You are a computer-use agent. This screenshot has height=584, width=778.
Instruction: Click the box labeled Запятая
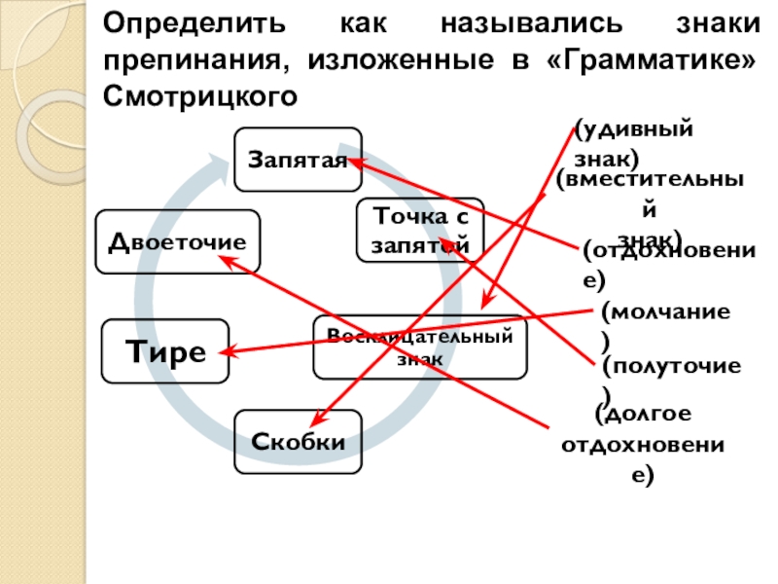click(x=298, y=160)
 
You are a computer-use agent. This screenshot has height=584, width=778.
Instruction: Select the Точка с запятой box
click(x=419, y=230)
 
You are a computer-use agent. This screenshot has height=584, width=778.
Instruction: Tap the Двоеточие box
click(x=177, y=241)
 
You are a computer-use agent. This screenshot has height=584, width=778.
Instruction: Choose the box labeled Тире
click(x=165, y=350)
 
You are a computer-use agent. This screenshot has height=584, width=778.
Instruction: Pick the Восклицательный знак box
click(x=419, y=347)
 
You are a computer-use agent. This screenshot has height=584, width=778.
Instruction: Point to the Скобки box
click(x=298, y=442)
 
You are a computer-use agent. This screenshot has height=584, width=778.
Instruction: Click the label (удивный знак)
click(x=633, y=143)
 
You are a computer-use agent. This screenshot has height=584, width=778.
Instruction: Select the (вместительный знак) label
click(x=651, y=208)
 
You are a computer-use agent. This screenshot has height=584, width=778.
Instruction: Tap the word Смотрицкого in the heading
click(x=198, y=95)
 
